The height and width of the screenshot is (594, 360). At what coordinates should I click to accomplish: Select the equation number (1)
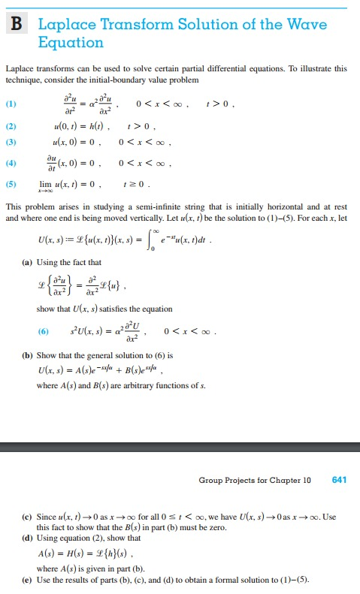(x=10, y=104)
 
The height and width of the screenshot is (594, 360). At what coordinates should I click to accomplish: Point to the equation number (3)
(x=10, y=142)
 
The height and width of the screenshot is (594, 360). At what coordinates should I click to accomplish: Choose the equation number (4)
(x=10, y=162)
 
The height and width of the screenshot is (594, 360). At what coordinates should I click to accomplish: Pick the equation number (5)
(x=10, y=182)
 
